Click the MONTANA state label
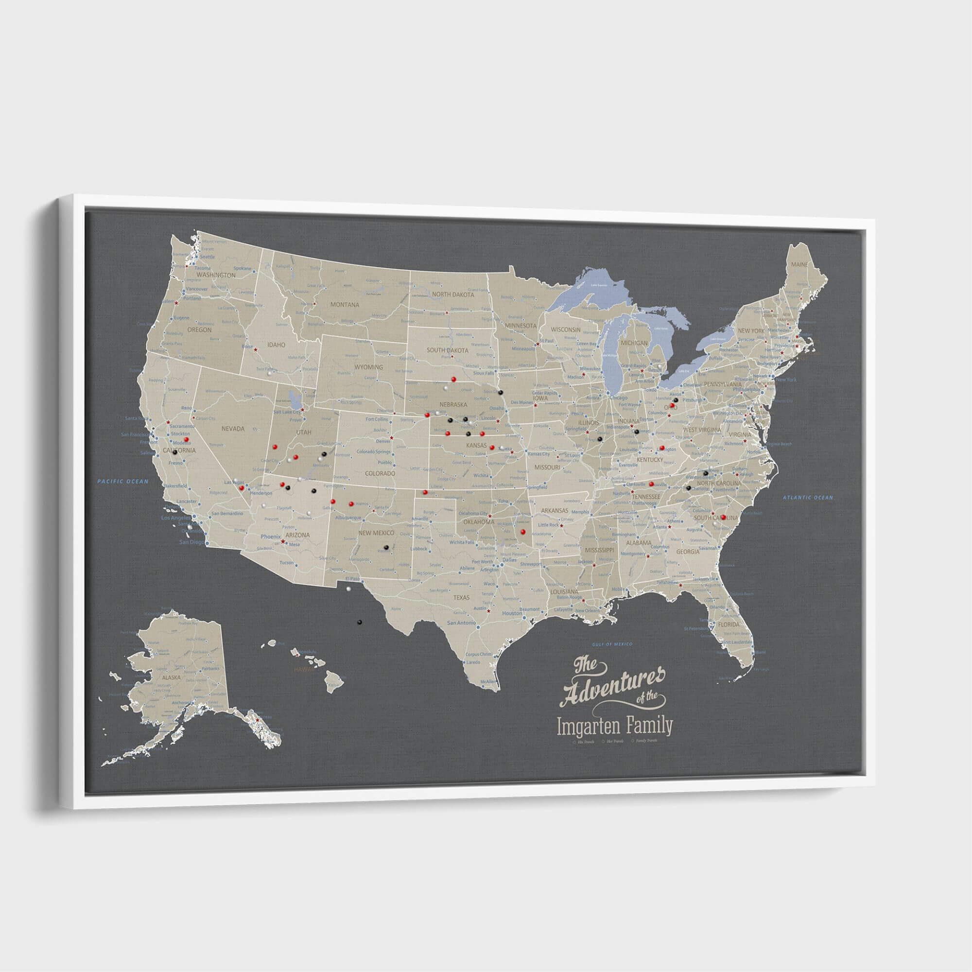(345, 304)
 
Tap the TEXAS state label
(461, 598)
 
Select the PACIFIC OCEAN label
(123, 482)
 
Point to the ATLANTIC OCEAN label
(807, 498)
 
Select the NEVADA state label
(232, 429)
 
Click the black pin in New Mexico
(386, 547)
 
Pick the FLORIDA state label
(729, 625)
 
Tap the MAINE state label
(799, 264)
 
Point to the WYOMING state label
(368, 367)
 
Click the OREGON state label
(199, 330)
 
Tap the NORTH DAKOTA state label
(453, 295)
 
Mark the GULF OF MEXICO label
(612, 644)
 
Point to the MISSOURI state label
(547, 468)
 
